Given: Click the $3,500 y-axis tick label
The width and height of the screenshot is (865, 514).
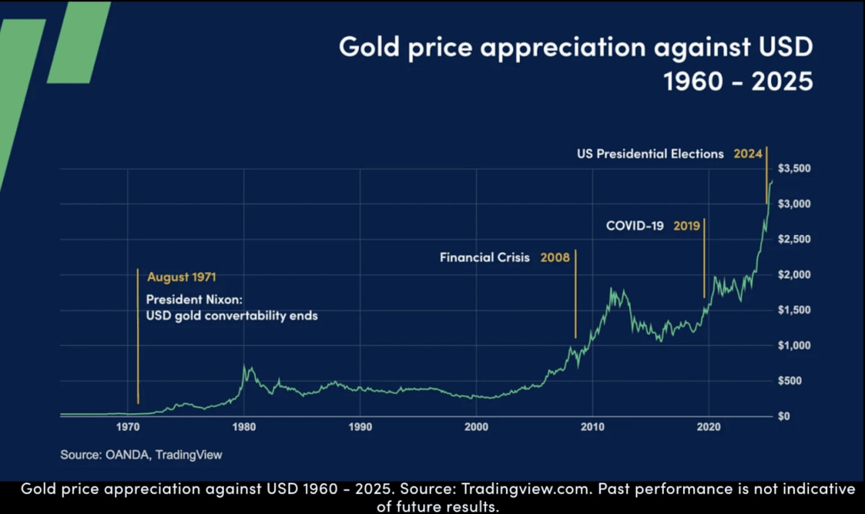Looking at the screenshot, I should (794, 168).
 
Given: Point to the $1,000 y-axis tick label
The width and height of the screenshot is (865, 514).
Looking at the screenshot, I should (794, 345).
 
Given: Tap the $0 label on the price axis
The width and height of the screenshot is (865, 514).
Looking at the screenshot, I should (784, 416).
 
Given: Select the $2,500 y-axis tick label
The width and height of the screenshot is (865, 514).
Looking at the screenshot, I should (794, 239).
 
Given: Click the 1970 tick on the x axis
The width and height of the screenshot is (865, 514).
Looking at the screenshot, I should (127, 427).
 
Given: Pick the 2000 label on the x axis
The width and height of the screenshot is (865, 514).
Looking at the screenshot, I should (476, 427).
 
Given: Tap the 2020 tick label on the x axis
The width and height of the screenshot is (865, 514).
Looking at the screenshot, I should (709, 427).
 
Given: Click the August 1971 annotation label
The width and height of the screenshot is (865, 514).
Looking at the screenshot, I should (181, 277).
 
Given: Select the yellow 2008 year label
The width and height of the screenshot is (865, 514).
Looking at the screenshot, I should (554, 258).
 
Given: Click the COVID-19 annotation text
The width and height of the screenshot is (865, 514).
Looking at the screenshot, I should (634, 226).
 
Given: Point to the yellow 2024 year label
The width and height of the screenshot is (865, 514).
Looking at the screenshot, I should (747, 154).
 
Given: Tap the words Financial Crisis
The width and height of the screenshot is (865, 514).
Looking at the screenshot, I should (484, 258).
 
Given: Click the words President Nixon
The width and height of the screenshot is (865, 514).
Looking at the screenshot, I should (194, 299).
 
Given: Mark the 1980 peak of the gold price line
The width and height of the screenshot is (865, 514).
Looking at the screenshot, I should (244, 366).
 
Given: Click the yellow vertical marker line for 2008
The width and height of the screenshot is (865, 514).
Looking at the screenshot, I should (575, 294).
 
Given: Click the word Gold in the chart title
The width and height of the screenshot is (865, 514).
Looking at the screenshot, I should (369, 47).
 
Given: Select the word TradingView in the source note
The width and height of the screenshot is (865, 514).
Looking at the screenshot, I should (189, 455).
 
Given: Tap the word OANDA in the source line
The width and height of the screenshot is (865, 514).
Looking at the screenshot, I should (127, 455).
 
